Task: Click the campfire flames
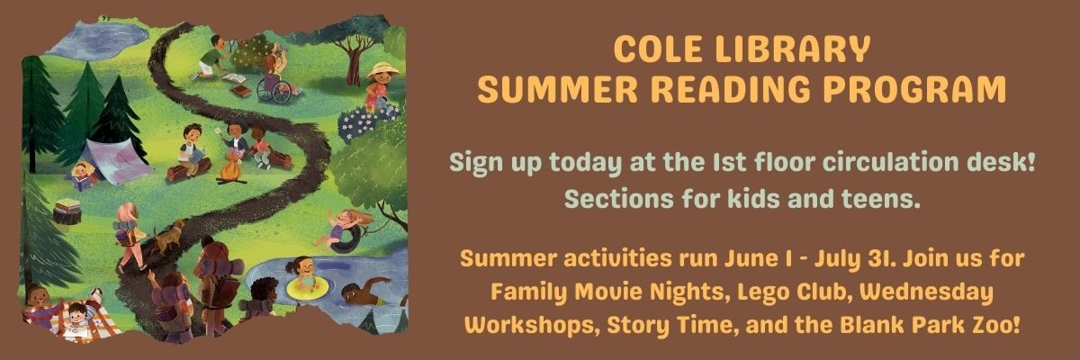(231, 168)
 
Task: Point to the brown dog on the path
(166, 236)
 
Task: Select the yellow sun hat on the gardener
(383, 70)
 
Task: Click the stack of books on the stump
(67, 205)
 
